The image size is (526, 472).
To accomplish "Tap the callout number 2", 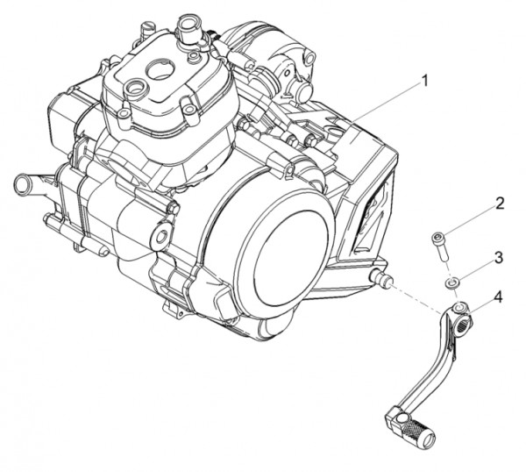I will (499, 204).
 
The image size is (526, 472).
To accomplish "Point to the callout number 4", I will (498, 297).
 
